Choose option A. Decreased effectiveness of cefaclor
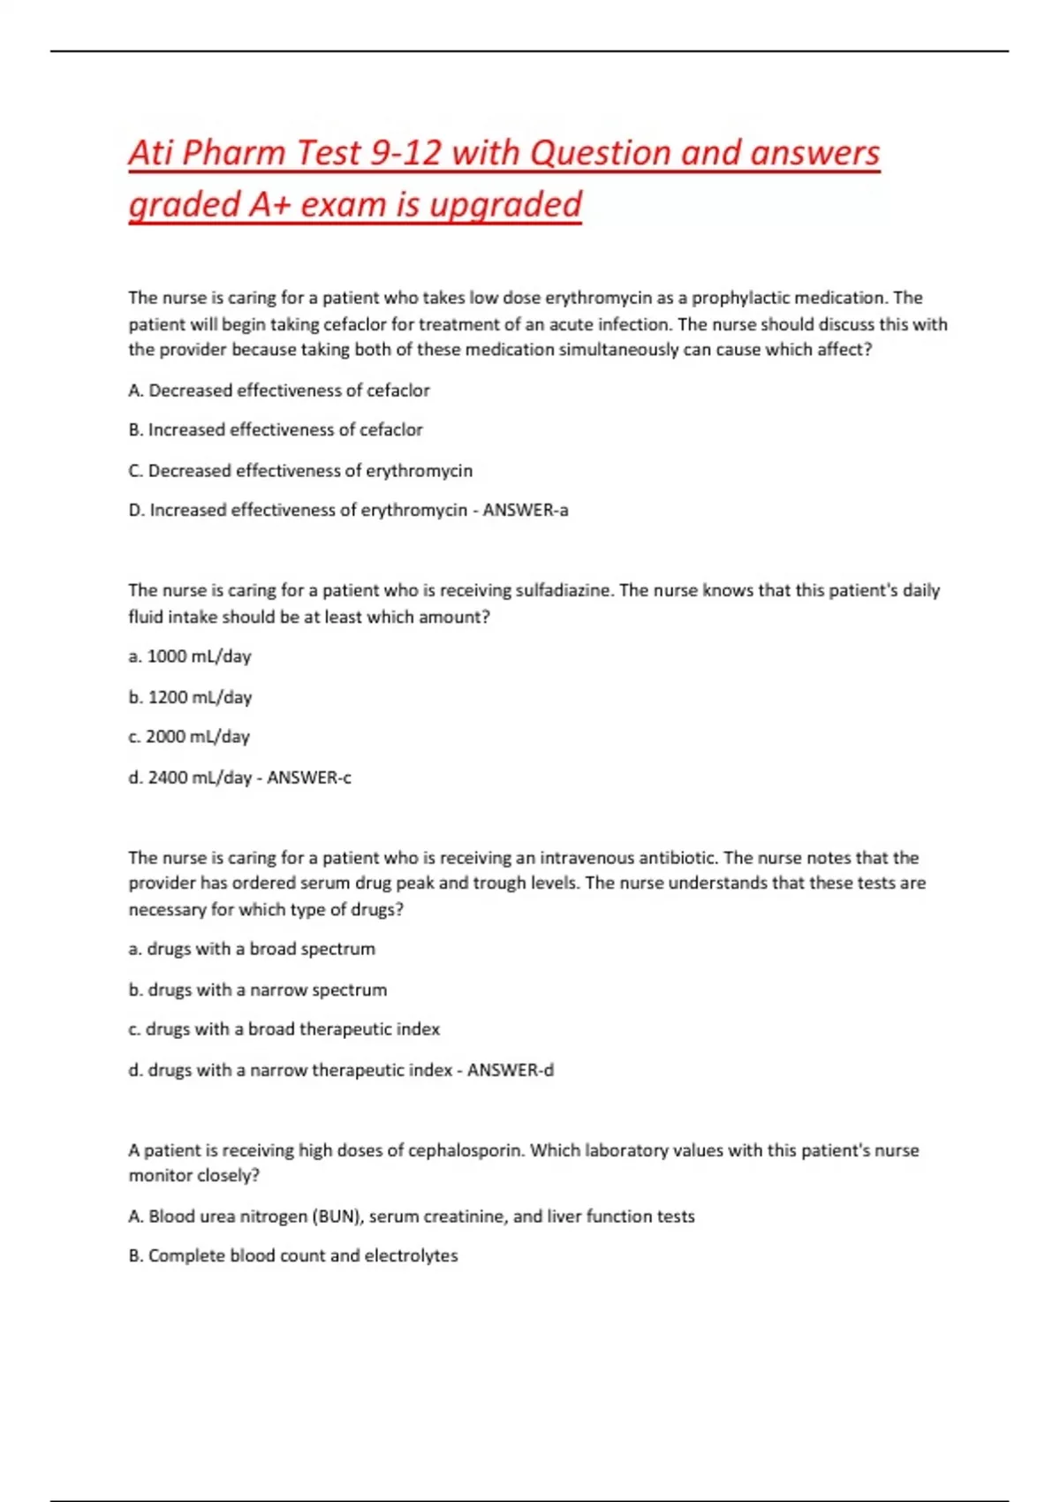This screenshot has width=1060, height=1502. [x=279, y=391]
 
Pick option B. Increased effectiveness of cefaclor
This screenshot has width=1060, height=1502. [x=276, y=430]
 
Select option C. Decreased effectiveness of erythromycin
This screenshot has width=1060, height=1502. [x=300, y=471]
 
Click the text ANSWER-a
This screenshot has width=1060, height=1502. [x=526, y=511]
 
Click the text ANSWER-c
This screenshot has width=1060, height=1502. [x=309, y=778]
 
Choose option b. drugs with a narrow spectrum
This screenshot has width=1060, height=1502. [x=258, y=990]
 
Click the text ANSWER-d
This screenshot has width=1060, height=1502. [x=511, y=1070]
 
